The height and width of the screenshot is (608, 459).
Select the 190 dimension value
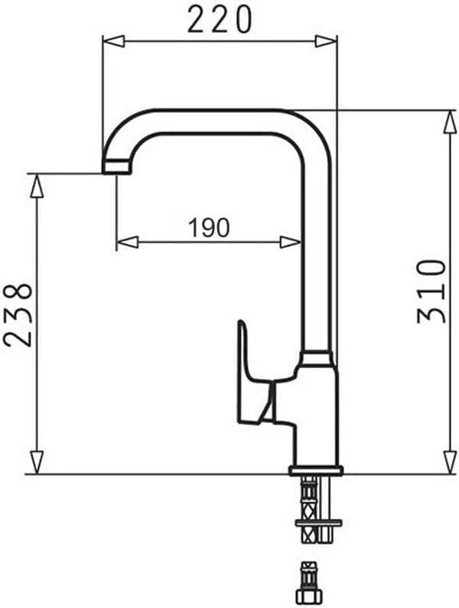click(x=208, y=227)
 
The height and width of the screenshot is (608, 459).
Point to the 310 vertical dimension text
click(x=431, y=291)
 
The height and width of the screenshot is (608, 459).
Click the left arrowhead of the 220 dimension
click(x=113, y=40)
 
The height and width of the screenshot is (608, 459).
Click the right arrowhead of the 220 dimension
click(x=326, y=40)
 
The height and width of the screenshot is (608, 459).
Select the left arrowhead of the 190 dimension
click(x=127, y=242)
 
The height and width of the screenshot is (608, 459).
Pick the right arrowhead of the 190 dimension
click(x=291, y=242)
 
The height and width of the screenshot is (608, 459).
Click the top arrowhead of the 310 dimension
click(x=450, y=121)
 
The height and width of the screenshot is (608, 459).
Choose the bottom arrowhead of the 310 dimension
click(x=450, y=461)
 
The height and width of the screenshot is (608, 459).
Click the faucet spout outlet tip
click(x=116, y=167)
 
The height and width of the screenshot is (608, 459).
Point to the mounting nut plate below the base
click(x=317, y=523)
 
